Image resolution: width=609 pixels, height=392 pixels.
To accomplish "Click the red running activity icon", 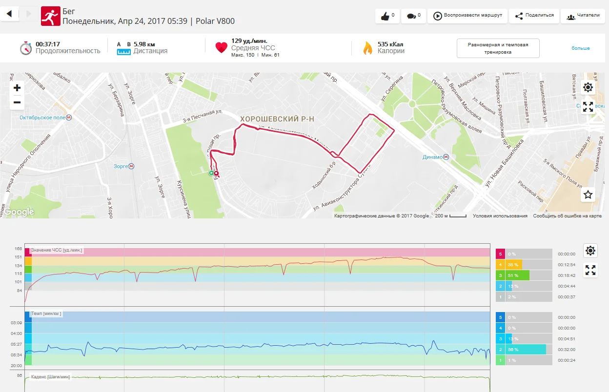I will tap(51, 16).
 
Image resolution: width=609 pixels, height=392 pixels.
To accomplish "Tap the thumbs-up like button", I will tap(387, 16).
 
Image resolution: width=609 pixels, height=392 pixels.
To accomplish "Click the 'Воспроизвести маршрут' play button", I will tap(467, 16).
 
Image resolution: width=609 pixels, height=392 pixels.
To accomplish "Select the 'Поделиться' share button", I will tap(534, 16).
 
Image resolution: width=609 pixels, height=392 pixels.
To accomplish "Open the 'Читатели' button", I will tap(583, 16).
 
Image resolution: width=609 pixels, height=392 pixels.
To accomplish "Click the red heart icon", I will tap(222, 47).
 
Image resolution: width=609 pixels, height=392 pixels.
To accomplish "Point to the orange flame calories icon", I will tap(367, 48).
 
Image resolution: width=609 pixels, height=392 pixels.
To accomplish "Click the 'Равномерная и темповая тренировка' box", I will tap(498, 48).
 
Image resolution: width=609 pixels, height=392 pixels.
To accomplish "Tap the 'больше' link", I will tap(581, 48).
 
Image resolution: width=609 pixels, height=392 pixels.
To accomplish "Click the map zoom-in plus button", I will tap(17, 88).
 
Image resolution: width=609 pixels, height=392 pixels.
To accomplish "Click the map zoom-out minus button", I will tap(17, 102).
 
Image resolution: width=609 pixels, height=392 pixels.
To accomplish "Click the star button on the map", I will tap(588, 195).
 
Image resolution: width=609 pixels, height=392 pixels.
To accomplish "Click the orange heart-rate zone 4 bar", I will tap(513, 265).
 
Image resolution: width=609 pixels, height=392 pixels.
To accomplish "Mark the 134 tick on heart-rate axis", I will tap(18, 266).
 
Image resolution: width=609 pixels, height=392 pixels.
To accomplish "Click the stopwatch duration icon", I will tap(26, 48).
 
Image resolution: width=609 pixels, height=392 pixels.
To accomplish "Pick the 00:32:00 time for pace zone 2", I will tap(567, 350).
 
